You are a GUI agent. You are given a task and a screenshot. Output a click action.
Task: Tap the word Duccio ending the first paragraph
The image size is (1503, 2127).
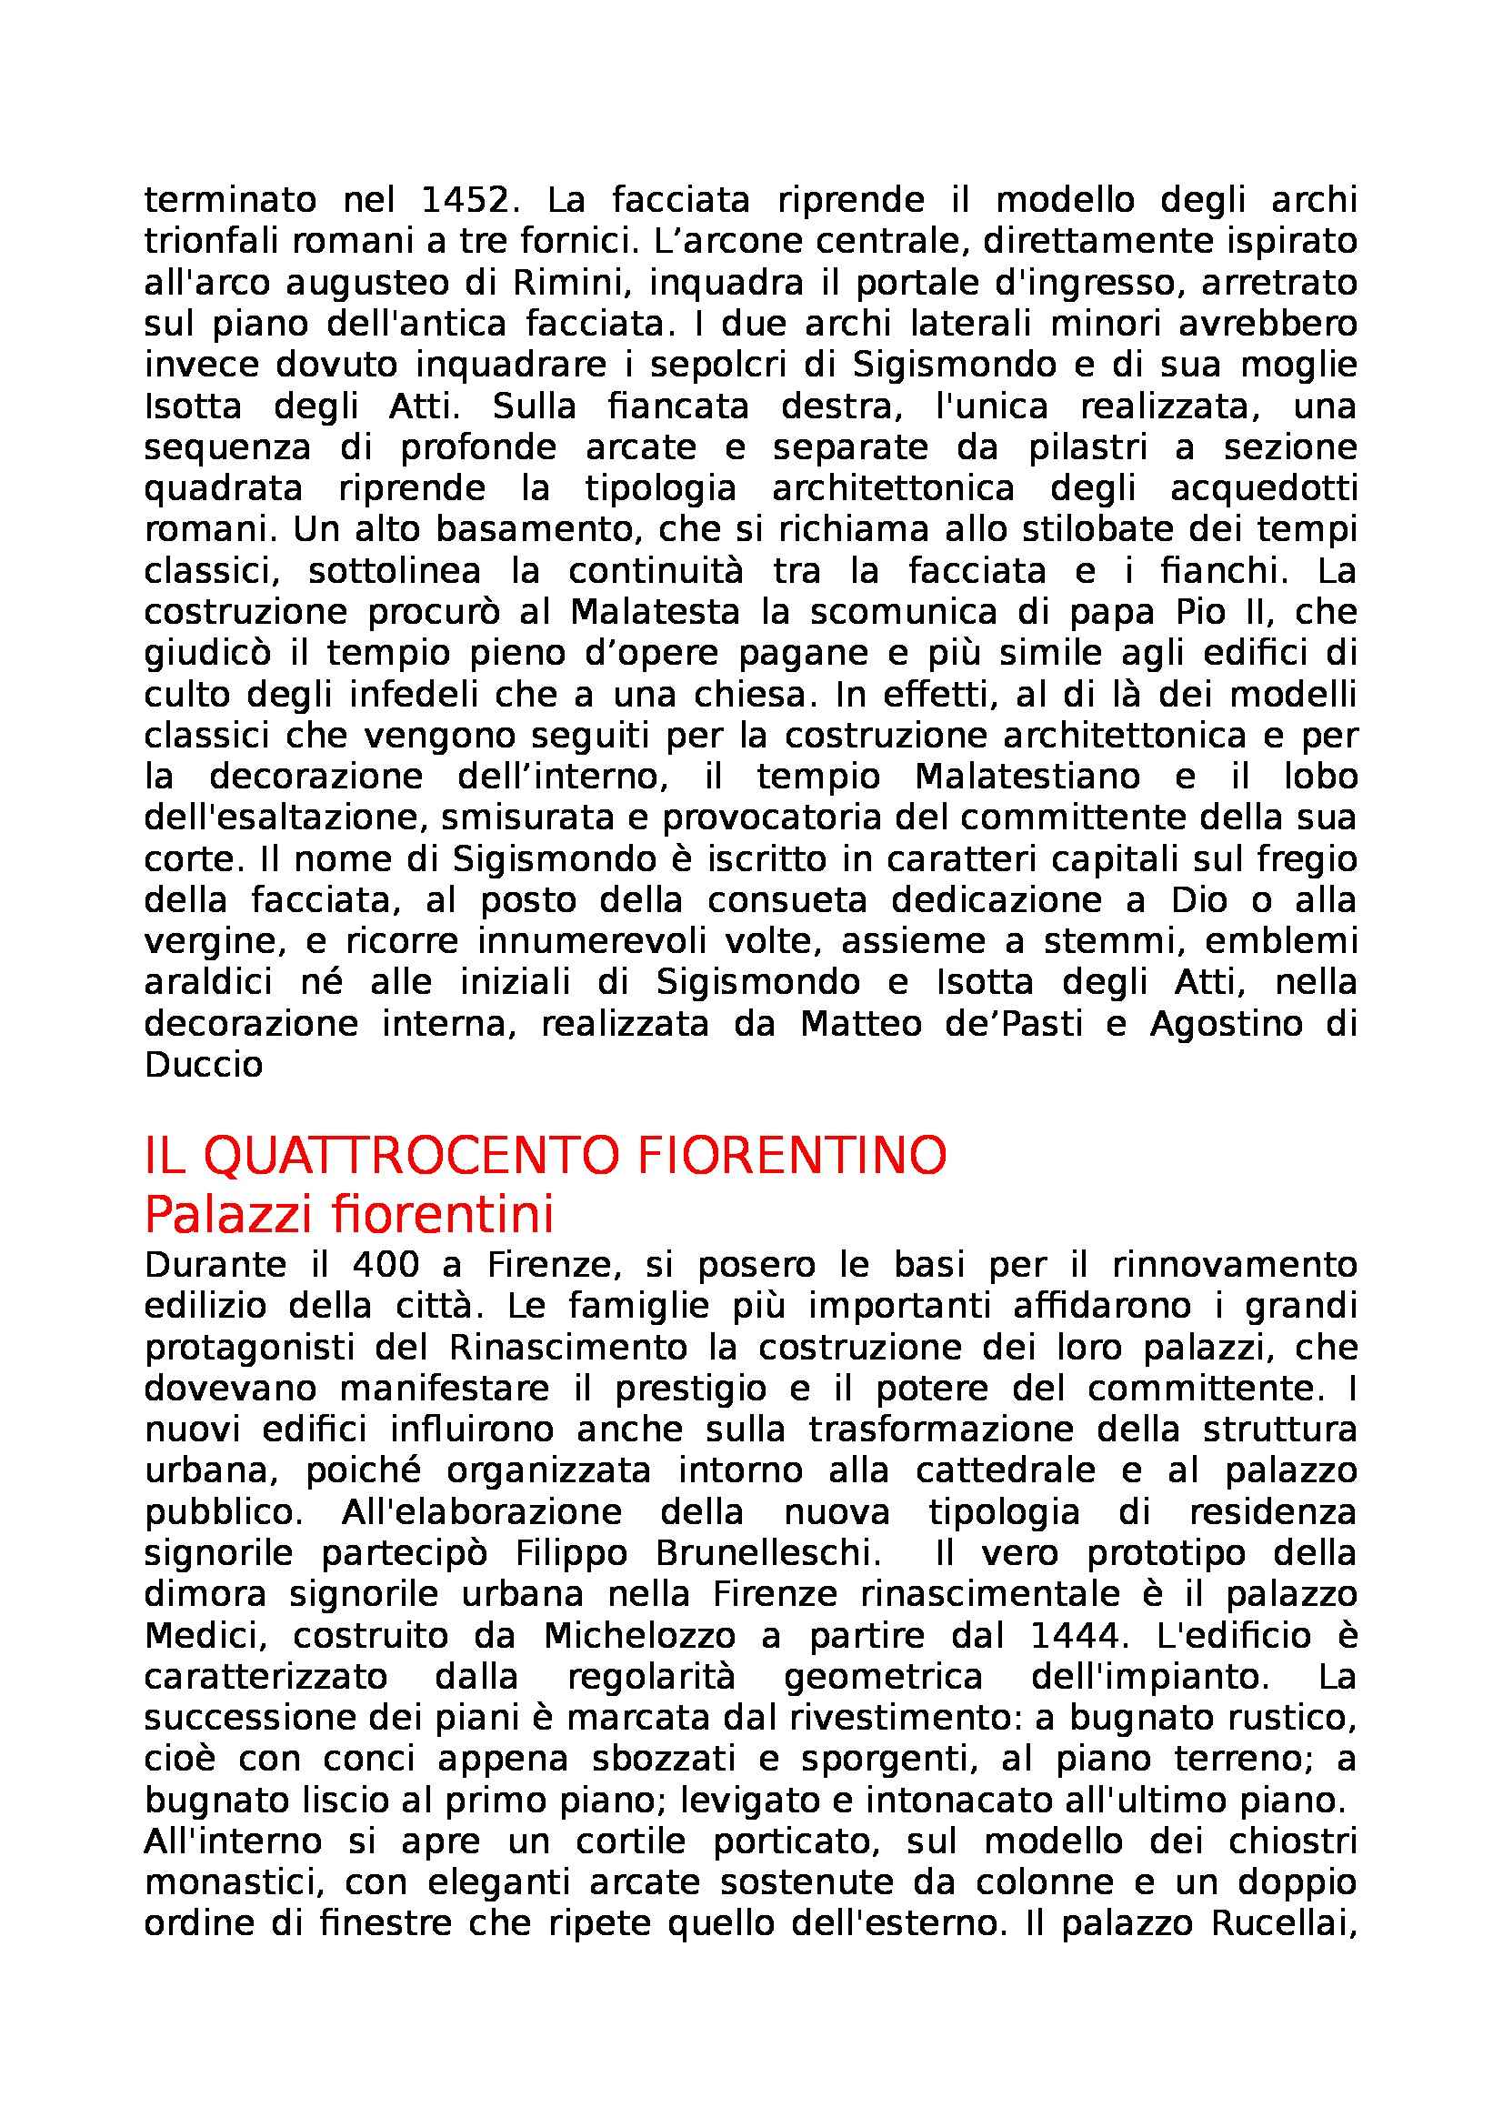coord(204,1066)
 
